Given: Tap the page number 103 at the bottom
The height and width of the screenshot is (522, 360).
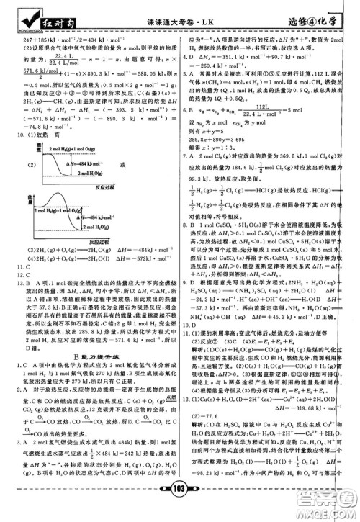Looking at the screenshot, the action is [x=180, y=506].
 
